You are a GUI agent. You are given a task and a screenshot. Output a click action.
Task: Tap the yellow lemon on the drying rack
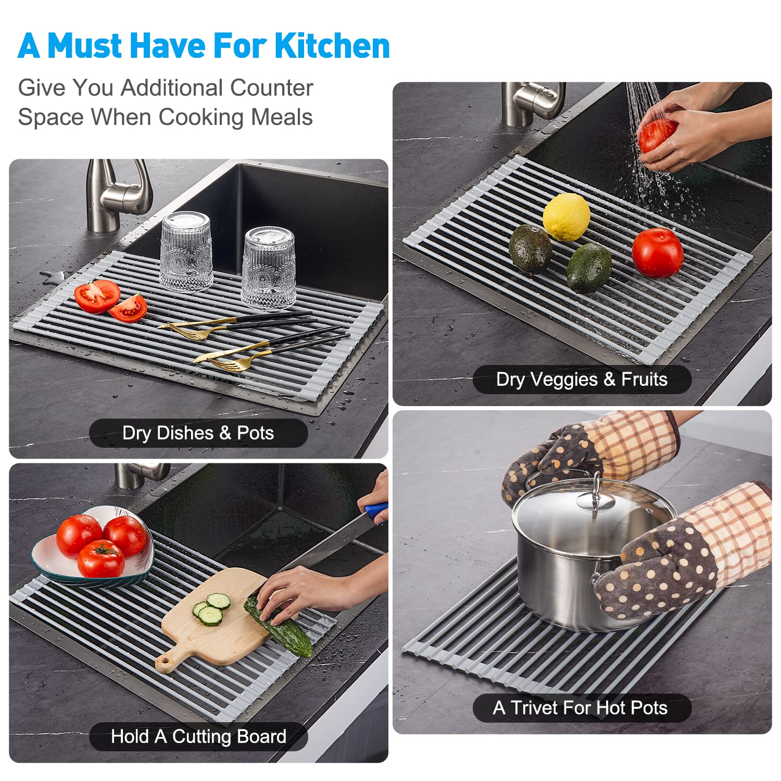(566, 217)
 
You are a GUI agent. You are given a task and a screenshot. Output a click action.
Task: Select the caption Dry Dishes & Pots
(198, 433)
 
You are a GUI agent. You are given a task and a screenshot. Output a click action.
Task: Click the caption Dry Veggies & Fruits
(582, 380)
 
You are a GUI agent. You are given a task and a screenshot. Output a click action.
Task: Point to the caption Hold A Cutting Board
(198, 737)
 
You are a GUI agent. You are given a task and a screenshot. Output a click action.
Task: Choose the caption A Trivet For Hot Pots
(580, 708)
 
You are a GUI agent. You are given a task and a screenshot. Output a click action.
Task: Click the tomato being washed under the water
(657, 135)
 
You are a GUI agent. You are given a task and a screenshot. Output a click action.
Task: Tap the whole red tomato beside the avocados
(658, 252)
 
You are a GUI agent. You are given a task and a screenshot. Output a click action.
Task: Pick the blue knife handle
(376, 511)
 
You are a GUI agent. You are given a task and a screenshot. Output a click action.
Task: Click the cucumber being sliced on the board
(279, 627)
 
